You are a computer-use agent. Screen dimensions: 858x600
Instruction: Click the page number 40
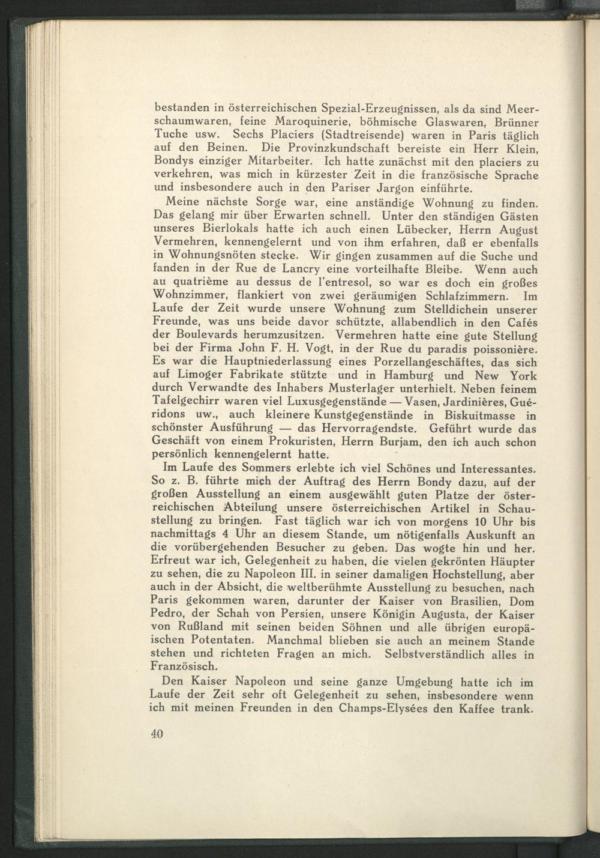(x=157, y=736)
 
